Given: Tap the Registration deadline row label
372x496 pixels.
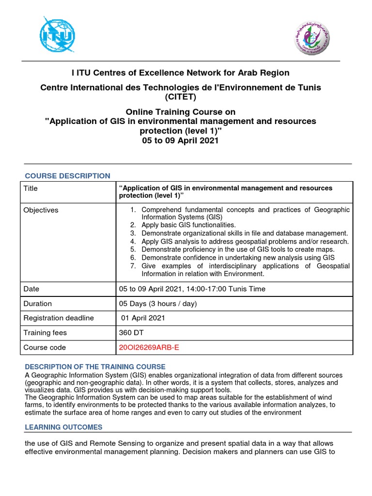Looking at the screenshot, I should coord(59,318).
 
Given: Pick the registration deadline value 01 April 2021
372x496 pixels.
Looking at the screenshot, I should coord(143,318).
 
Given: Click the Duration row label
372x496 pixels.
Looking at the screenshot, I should coord(37,304).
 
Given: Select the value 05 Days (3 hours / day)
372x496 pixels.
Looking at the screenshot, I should coord(158,304).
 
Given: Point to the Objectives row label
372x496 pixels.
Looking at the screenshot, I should coord(41,210).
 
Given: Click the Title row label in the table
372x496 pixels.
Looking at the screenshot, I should coord(31,188).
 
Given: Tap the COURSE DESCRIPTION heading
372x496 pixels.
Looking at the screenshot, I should coord(68,176).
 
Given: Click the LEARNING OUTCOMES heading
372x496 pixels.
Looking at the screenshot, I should coord(63,427).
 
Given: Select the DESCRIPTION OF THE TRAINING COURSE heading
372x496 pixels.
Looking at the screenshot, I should coord(95,367).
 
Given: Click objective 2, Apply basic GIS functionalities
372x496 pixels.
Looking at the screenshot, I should coord(188,225).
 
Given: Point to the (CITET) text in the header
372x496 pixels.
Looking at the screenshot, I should coord(180,97).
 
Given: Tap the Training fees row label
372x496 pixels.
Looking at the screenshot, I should coord(45,333).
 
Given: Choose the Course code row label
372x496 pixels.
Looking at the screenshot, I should coord(45,347).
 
